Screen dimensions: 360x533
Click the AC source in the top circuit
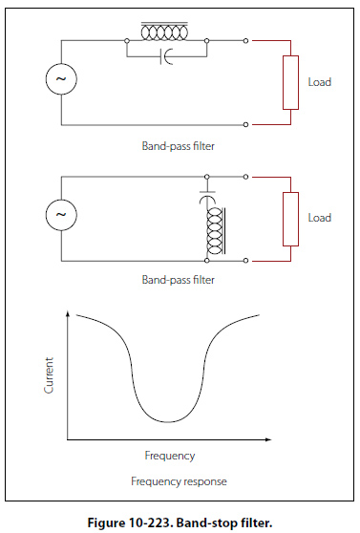61,79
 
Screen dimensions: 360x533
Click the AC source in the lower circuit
61,215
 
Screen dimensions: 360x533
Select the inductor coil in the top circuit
164,32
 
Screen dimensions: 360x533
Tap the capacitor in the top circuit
166,56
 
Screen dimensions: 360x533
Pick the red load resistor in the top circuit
290,82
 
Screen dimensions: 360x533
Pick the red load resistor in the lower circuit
290,220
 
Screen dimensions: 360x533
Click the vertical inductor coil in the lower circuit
216,231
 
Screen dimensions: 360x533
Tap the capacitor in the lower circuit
207,197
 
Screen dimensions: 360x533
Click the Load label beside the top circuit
320,82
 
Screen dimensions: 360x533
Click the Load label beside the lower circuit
320,218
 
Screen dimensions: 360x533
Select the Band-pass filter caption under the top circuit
179,146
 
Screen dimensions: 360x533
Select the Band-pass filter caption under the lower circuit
179,280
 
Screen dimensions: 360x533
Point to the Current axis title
49,375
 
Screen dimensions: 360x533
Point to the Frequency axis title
170,456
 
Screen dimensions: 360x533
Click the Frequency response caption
179,481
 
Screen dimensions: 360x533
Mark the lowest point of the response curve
168,422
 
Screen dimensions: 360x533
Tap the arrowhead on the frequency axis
268,439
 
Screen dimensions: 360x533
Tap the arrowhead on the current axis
68,313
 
